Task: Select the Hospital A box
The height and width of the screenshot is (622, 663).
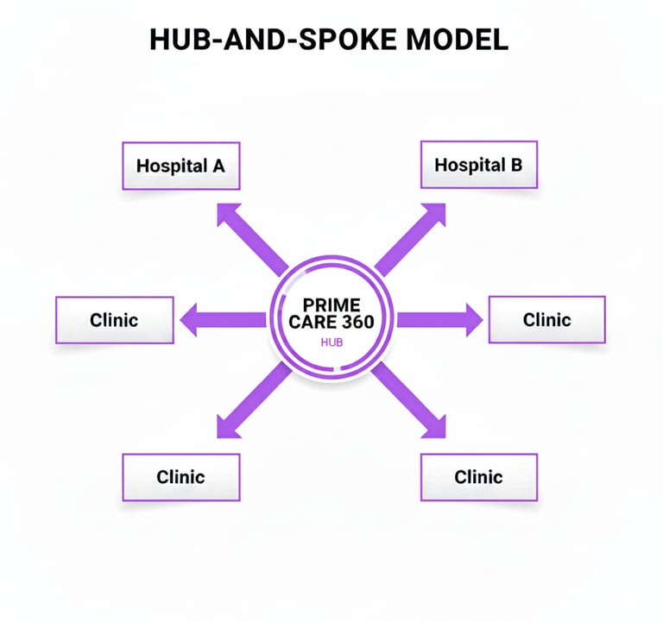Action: click(180, 165)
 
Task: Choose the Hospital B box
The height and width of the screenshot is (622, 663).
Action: click(478, 164)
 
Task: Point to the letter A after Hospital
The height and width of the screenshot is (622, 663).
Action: click(218, 165)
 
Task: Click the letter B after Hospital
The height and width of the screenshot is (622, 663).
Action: click(516, 164)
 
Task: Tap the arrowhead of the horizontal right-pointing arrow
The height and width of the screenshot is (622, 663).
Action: click(473, 320)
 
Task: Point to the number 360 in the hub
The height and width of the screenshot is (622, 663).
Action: click(367, 322)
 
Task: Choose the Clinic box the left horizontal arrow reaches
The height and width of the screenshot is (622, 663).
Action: click(113, 320)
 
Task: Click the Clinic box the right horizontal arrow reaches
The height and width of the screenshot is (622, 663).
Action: click(546, 319)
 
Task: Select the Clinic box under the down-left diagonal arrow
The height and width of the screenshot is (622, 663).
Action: click(180, 476)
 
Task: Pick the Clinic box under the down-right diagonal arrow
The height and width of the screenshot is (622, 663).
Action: click(478, 476)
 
